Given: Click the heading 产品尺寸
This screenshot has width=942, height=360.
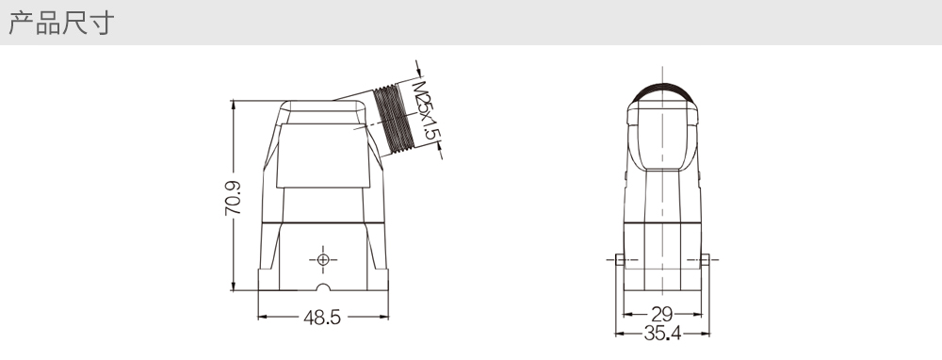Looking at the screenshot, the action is tap(61, 23).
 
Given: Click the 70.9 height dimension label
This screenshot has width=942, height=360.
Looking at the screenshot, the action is tap(233, 198).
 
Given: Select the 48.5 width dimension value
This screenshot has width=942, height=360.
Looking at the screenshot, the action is tap(322, 318).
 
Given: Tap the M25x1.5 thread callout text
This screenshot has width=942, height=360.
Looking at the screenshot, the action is tap(427, 110).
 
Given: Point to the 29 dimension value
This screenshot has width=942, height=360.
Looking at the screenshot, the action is tap(662, 314).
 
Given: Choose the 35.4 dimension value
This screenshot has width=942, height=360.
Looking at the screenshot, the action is tap(662, 333).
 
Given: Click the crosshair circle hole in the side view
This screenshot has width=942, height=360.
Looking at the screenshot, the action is tap(323, 259).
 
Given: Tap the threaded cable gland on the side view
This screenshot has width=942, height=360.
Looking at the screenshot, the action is tap(394, 119).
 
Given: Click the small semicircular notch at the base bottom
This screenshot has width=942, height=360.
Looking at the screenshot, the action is tap(323, 287).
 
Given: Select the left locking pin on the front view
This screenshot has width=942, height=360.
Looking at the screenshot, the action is tap(620, 259).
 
